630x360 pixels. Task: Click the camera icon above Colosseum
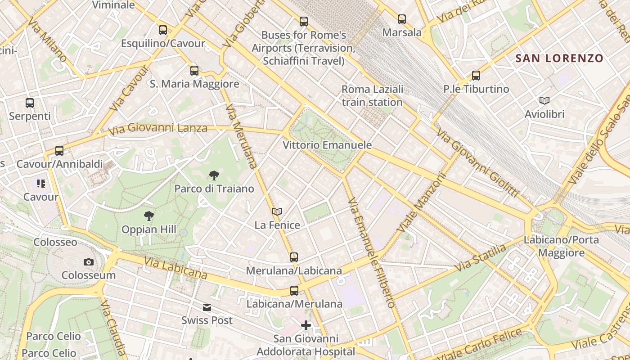coord(89,262)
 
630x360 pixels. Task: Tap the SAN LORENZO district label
coord(559,58)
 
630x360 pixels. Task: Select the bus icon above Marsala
coord(402,19)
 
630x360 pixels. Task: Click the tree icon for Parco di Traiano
coord(214,175)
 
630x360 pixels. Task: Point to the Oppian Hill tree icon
coord(148,216)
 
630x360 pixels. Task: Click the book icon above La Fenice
coord(277,211)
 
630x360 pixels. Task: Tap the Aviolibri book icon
coord(544,101)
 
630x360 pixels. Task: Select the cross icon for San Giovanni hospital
coord(306,325)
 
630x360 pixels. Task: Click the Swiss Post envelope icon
coord(207,307)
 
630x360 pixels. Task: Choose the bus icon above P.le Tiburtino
coord(476,76)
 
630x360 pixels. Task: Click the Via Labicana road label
coord(175,268)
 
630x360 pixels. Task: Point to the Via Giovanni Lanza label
coord(158,129)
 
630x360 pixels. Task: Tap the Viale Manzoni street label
coord(421,202)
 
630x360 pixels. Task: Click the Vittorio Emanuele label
coord(327,145)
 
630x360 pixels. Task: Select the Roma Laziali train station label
coord(372,95)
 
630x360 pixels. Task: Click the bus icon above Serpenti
coord(30,103)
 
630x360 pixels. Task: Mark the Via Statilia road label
coord(481,258)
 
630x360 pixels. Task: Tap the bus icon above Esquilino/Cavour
coord(163,30)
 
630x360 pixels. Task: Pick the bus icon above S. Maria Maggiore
coord(194,71)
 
